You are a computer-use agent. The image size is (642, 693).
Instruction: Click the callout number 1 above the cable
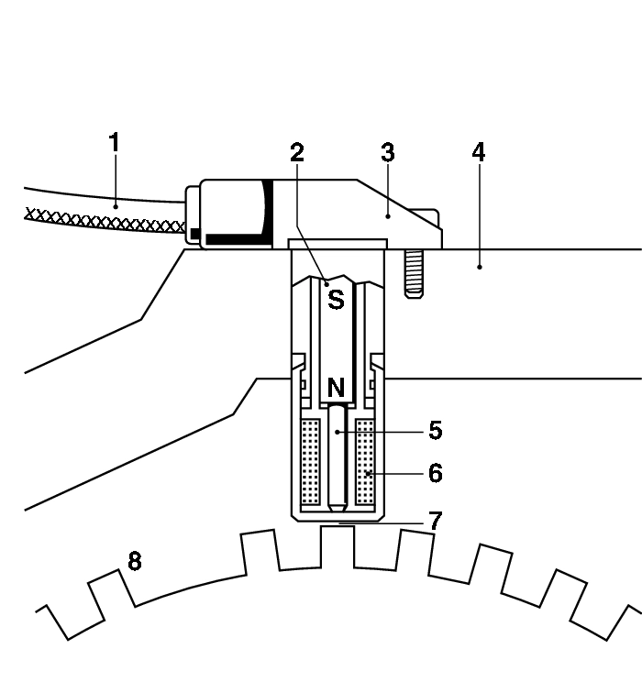(114, 144)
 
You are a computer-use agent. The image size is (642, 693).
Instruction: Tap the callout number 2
(296, 153)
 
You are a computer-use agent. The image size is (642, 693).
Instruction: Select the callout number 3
(388, 153)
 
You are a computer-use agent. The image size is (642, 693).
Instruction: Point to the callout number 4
(478, 153)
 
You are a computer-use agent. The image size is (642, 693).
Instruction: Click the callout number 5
(435, 429)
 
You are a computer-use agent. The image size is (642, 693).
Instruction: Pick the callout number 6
(435, 473)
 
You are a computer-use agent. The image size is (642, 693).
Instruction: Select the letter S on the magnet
(336, 299)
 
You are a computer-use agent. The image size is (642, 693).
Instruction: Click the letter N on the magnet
(336, 389)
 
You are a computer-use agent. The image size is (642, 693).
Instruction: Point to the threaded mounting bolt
(413, 272)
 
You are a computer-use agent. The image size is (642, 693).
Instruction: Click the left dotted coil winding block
(311, 463)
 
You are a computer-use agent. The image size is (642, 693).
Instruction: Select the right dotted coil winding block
(366, 463)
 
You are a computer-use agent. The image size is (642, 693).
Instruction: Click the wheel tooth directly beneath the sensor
(338, 541)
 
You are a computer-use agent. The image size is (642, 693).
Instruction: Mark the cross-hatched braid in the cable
(101, 220)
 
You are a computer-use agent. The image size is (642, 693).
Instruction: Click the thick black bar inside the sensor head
(238, 239)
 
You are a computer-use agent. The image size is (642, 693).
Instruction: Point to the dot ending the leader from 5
(338, 429)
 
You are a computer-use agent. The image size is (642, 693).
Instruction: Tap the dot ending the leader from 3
(388, 215)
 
